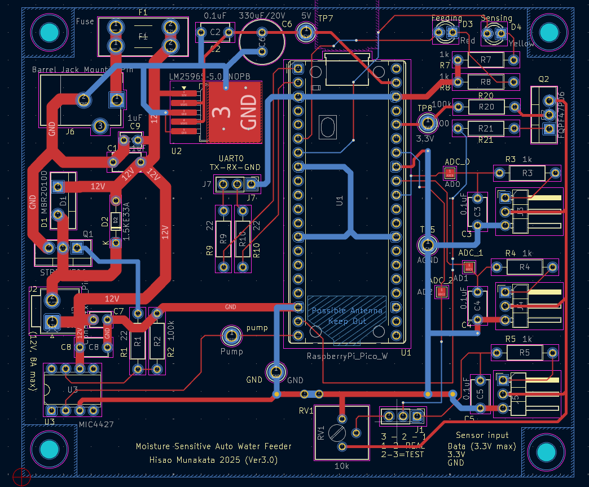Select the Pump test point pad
[x=231, y=336]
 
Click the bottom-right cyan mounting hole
[x=546, y=451]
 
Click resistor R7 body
[x=486, y=59]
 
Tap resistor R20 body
[x=486, y=106]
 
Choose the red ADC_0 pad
[x=450, y=173]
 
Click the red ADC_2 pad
[x=441, y=292]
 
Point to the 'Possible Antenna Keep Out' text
[x=346, y=315]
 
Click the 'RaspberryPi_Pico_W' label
[x=348, y=356]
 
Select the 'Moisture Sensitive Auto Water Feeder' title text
[x=214, y=446]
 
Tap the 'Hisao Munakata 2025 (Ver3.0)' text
[x=214, y=459]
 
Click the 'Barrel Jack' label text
[x=56, y=69]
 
